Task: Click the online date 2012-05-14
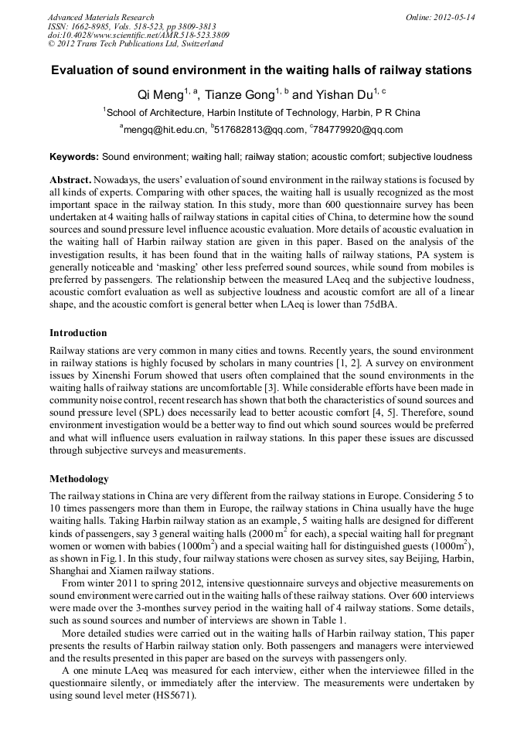454,17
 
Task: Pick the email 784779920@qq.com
359,130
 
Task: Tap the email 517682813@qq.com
258,130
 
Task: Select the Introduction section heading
78,333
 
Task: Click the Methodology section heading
79,479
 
